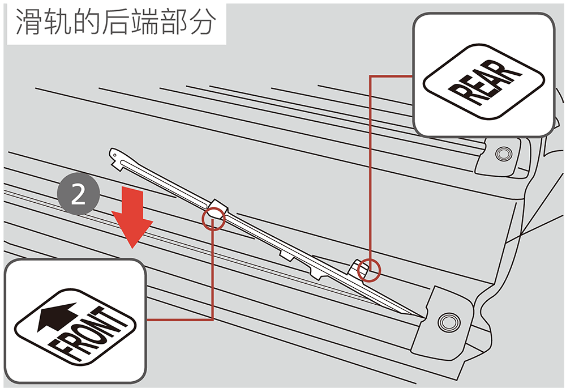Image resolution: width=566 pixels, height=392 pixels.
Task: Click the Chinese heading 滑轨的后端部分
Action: (x=115, y=23)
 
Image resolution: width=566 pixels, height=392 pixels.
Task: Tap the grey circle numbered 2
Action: (x=79, y=195)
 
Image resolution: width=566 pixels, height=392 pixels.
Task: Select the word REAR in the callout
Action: (x=484, y=83)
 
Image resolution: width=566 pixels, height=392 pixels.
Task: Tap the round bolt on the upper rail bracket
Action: (x=501, y=154)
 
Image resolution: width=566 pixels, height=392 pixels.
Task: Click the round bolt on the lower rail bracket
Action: (x=450, y=321)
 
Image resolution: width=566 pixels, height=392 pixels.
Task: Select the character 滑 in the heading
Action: (x=27, y=23)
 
